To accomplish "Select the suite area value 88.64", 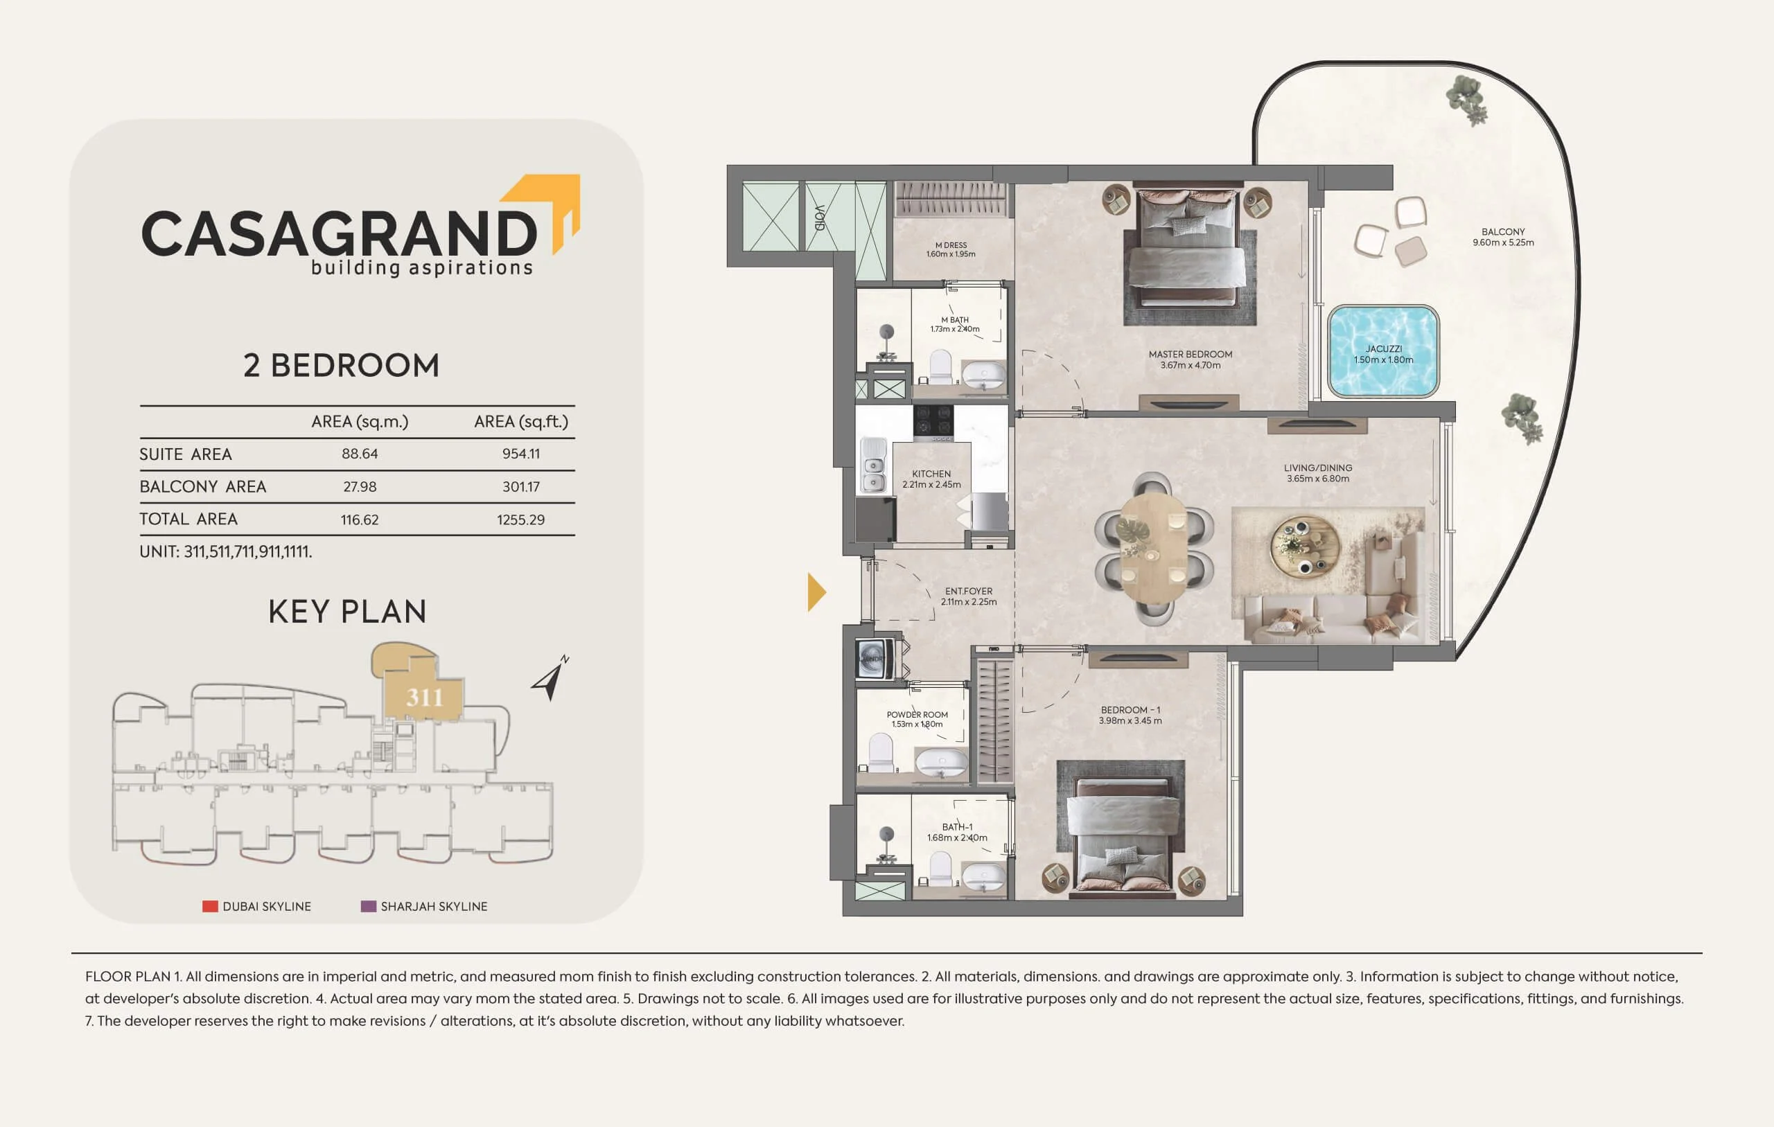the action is (360, 454).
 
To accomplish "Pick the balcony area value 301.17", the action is (521, 487).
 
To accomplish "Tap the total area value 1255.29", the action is (521, 520).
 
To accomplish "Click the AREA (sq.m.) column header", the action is (360, 421).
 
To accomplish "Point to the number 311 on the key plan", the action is (425, 697).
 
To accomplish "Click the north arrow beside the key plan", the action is (550, 678).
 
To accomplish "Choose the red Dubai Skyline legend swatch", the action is (210, 906).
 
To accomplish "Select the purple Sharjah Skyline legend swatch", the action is (369, 906).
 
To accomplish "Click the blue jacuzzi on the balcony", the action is (1382, 351).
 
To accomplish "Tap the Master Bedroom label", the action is (1191, 354).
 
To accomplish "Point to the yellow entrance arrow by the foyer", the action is (816, 592).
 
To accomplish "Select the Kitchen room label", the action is (931, 474).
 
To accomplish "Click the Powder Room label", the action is (917, 714).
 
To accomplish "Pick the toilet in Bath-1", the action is (941, 869).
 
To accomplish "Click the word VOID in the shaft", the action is (820, 218).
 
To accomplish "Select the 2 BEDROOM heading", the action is (341, 365).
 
